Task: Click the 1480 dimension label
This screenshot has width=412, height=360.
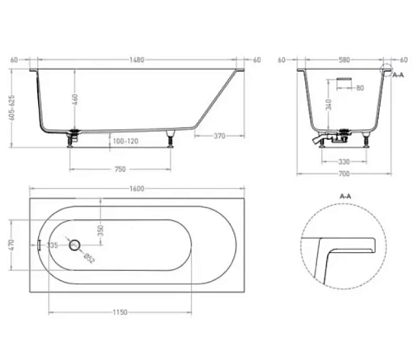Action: pyautogui.click(x=137, y=59)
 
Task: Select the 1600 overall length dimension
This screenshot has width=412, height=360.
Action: pyautogui.click(x=137, y=189)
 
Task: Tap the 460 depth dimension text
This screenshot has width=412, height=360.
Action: pyautogui.click(x=75, y=101)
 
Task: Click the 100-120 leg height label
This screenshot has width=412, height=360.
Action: pyautogui.click(x=125, y=141)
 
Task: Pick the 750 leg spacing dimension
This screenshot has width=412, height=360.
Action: pyautogui.click(x=119, y=169)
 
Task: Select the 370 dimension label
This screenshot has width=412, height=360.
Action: pyautogui.click(x=219, y=136)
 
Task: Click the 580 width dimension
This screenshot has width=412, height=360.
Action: pyautogui.click(x=344, y=59)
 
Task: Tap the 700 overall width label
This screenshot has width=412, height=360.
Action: pyautogui.click(x=344, y=174)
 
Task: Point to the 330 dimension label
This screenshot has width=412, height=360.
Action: pyautogui.click(x=344, y=161)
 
